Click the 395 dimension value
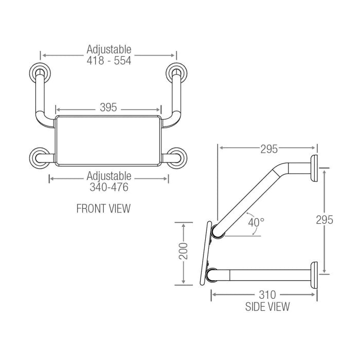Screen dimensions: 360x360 109,107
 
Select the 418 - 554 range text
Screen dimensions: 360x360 109,61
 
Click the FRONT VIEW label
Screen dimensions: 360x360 103,208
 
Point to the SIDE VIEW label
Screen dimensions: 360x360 267,307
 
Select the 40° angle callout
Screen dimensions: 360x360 256,222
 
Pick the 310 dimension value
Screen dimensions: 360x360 267,295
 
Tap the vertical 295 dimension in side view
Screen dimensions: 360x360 325,220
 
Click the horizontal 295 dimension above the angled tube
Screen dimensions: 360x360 267,149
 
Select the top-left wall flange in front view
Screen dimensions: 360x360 40,71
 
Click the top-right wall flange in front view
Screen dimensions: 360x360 176,71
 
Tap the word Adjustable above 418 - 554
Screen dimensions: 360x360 109,49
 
